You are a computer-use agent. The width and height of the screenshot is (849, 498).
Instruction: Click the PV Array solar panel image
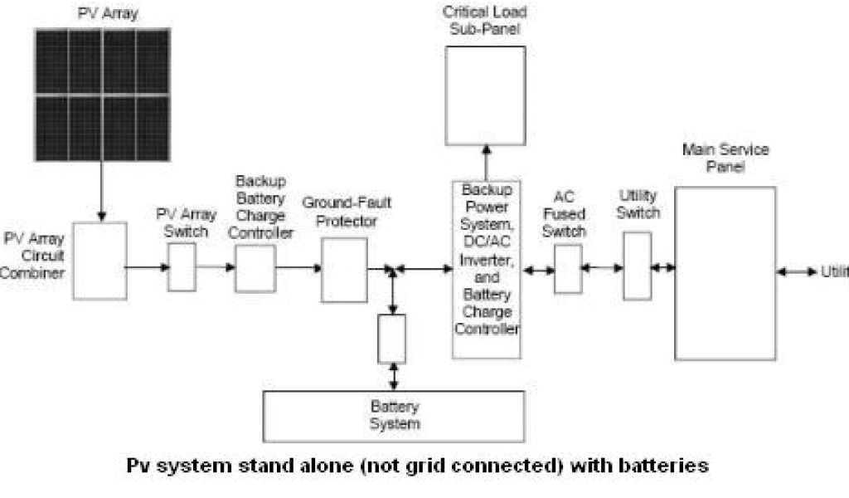coord(102,95)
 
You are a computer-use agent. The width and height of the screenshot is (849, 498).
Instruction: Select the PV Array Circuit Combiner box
coord(99,261)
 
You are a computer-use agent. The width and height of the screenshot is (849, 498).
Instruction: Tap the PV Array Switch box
coord(182,267)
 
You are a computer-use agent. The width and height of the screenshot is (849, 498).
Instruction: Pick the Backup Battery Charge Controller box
coord(255,268)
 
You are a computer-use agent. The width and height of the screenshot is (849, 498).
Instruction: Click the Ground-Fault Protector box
coord(344,270)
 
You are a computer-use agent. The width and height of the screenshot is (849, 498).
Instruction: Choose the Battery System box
coord(394,416)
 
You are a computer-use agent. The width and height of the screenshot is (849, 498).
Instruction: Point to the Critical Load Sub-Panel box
coord(485,95)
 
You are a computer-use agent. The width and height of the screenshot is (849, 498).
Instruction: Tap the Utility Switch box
coord(637,266)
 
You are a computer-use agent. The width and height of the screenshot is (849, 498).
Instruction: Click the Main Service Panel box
coord(725,273)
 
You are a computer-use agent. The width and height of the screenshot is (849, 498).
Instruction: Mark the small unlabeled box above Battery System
coord(391,339)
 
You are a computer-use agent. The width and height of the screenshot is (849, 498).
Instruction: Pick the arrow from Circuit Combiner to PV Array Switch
coord(148,267)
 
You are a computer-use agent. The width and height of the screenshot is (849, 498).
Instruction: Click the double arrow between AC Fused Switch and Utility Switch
coord(603,268)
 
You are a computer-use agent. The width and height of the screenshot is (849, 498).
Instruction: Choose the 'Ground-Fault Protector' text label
coord(346,212)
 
